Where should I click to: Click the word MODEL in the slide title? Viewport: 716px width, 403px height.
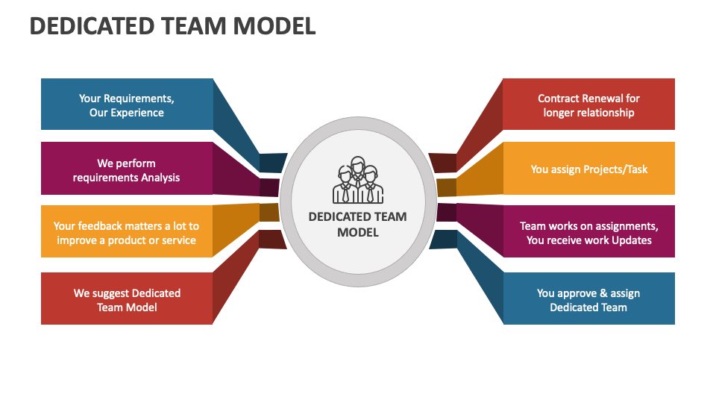coord(274,26)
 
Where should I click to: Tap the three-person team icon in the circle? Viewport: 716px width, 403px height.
coord(358,181)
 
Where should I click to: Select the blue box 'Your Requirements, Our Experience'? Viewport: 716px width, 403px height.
coord(127,104)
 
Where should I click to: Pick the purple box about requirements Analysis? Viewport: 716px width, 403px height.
coord(127,169)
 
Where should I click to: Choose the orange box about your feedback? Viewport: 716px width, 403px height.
coord(127,232)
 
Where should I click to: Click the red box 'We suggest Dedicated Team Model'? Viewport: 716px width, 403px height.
coord(127,299)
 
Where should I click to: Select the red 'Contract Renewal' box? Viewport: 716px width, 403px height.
coord(588,104)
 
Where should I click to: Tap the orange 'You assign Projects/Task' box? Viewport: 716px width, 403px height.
coord(588,169)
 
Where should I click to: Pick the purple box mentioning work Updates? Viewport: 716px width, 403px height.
coord(588,232)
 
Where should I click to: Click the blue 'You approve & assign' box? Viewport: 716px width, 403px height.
coord(588,299)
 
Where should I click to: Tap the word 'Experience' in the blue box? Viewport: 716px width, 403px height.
coord(137,113)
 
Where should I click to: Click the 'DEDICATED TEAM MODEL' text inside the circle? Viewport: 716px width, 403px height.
coord(358,224)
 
